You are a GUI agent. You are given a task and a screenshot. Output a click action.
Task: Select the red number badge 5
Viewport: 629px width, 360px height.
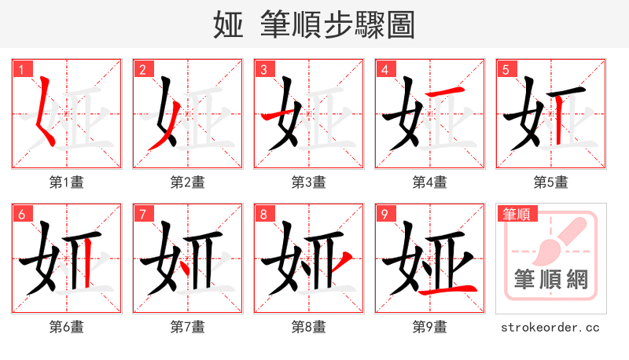(x=506, y=70)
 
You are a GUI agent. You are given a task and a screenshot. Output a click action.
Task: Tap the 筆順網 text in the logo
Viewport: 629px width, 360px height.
(x=550, y=279)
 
